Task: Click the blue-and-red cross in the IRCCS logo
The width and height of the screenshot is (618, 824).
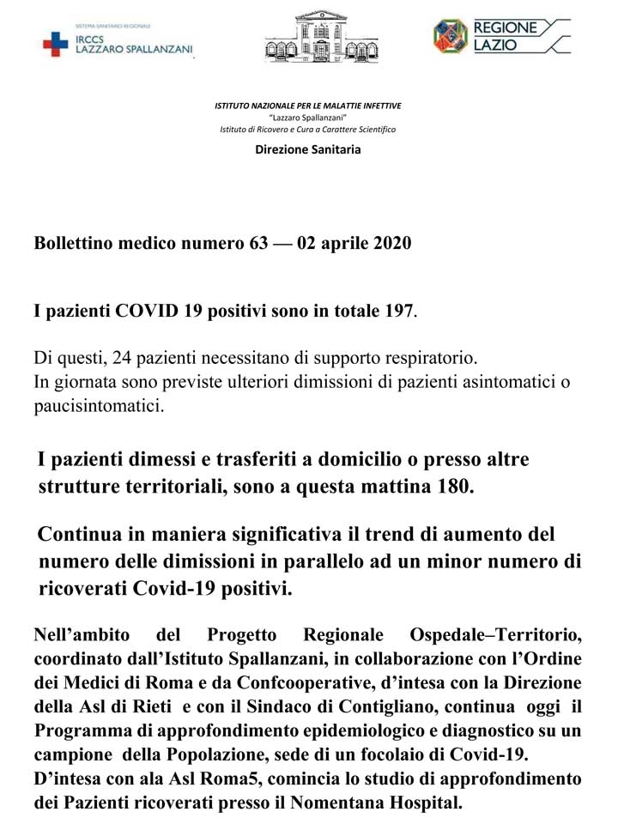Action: [x=56, y=44]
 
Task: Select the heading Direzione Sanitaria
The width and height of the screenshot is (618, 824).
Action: [x=308, y=149]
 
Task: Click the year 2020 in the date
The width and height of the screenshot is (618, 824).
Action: [x=392, y=243]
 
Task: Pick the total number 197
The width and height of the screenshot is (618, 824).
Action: [x=398, y=311]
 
